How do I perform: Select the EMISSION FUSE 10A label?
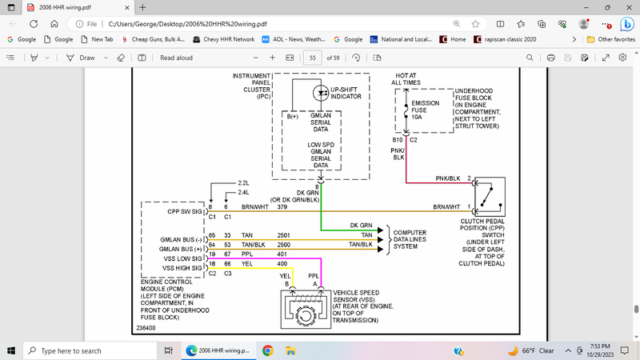[426, 110]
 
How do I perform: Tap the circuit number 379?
[282, 207]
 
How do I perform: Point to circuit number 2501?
[283, 234]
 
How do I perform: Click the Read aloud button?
[176, 58]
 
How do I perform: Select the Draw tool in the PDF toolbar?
[81, 58]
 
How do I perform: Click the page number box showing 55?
[313, 58]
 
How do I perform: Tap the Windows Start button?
[11, 350]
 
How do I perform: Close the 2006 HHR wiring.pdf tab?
[108, 7]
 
